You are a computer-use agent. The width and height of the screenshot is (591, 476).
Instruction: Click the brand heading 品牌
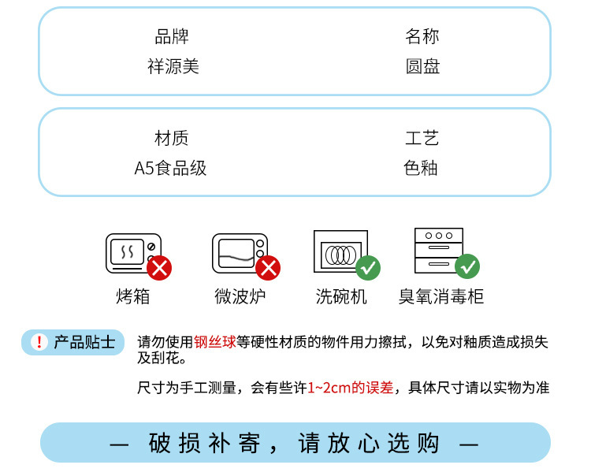172,36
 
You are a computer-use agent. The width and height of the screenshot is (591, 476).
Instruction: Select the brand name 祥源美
173,66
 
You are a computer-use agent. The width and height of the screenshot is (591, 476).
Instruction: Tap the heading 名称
422,36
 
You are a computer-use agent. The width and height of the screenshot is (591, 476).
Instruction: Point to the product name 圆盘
422,66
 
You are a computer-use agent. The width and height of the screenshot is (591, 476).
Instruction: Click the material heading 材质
172,138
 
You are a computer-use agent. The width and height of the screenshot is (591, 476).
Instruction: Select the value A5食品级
170,168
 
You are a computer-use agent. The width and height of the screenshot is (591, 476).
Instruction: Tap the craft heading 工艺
422,138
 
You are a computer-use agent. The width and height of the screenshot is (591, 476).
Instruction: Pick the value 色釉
421,168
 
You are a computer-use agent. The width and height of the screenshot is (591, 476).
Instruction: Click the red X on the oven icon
159,268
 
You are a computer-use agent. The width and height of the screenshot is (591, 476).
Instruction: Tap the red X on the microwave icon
268,268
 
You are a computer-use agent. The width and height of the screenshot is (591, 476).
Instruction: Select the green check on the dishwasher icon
368,268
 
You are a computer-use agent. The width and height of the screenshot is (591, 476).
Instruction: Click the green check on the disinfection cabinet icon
467,266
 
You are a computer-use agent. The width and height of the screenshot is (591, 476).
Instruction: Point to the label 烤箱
132,296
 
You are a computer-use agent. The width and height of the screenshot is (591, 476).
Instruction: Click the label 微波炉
240,296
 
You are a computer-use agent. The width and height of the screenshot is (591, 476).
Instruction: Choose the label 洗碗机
341,296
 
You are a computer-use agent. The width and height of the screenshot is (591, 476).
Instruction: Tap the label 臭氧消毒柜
441,296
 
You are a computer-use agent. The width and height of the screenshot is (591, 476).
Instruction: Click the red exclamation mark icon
39,342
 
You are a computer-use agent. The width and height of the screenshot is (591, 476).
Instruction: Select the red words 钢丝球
215,342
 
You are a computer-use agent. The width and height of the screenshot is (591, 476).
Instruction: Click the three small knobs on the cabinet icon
439,236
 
